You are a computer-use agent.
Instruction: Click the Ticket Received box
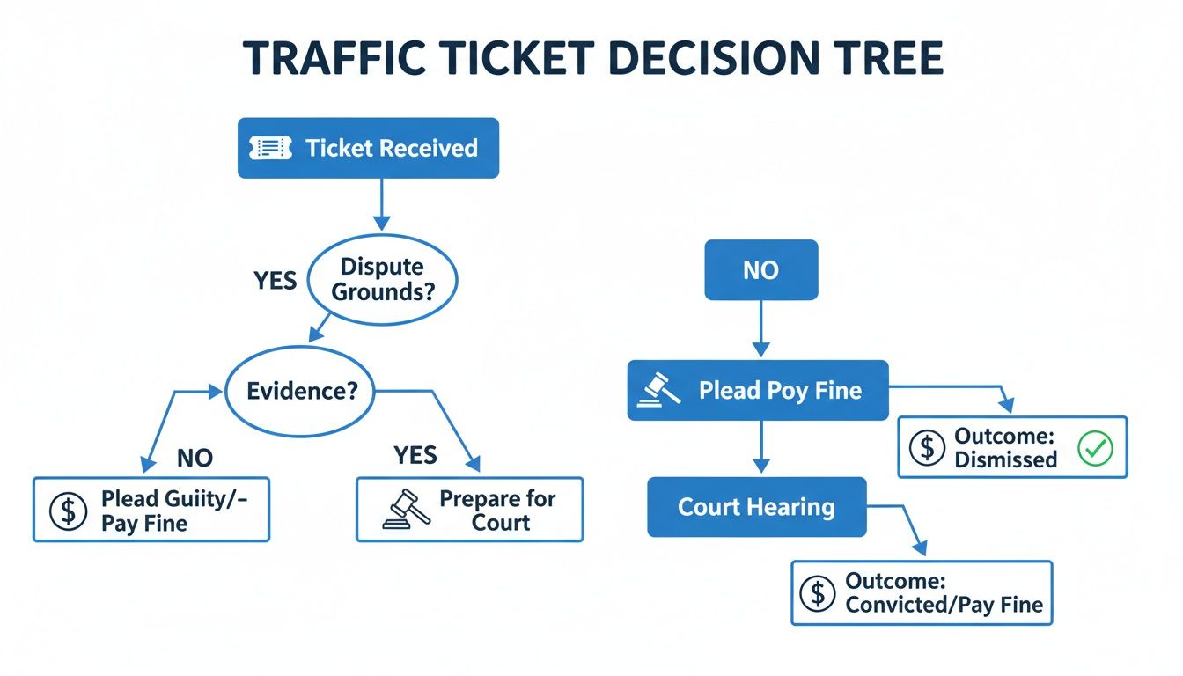[x=368, y=148]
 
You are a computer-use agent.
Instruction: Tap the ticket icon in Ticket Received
[x=271, y=148]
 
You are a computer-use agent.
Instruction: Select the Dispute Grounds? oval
[x=381, y=279]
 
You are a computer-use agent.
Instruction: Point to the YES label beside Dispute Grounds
[x=276, y=280]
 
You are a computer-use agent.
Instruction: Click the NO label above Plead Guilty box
[x=195, y=458]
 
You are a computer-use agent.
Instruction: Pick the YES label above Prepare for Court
[x=415, y=454]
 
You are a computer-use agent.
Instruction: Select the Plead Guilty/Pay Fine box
[x=151, y=510]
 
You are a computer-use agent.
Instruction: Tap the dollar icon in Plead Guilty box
[x=68, y=511]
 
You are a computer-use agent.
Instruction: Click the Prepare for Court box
[x=469, y=510]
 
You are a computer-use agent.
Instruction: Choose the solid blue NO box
[x=761, y=269]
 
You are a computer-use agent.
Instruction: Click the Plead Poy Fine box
[x=758, y=390]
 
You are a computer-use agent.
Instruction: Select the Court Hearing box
[x=757, y=507]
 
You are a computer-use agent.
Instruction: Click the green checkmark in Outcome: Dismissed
[x=1096, y=448]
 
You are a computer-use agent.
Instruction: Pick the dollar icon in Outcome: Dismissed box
[x=926, y=448]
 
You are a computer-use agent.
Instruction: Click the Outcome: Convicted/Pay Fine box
[x=922, y=593]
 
